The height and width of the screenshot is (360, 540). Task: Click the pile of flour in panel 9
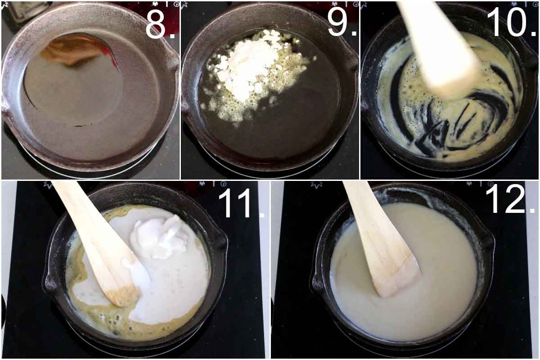247,67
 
